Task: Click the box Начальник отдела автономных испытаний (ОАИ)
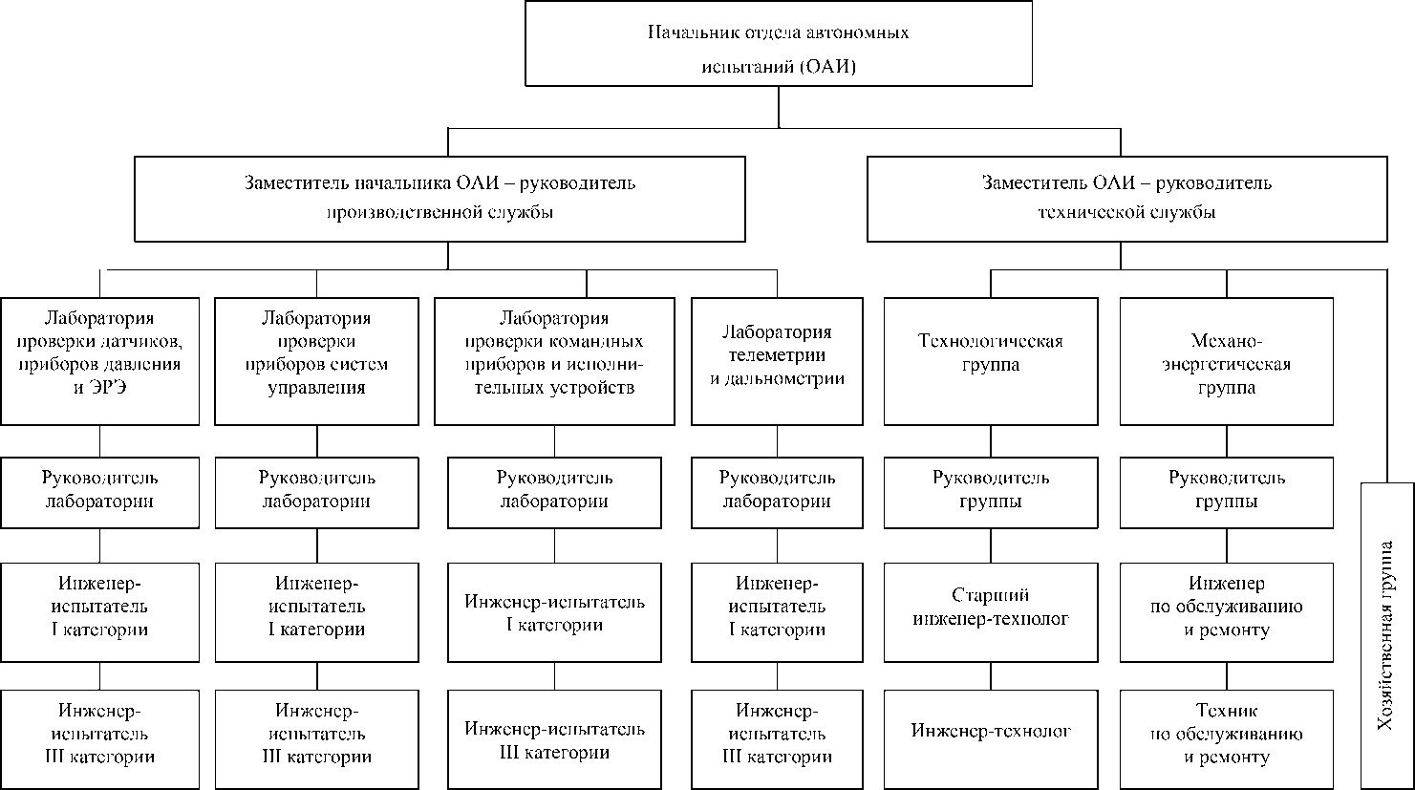[x=779, y=44]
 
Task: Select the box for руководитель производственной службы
[x=440, y=198]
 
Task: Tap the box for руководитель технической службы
[x=1126, y=198]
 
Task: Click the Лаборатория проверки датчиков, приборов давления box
[x=100, y=361]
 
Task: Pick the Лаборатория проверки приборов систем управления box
[x=316, y=361]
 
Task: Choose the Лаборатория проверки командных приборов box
[x=554, y=361]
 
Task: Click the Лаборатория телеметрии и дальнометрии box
[x=776, y=361]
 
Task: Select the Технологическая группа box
[x=990, y=361]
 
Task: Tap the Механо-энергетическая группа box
[x=1225, y=361]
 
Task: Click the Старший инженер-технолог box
[x=990, y=612]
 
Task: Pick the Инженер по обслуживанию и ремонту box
[x=1225, y=612]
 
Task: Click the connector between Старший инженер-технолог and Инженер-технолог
[x=990, y=675]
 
